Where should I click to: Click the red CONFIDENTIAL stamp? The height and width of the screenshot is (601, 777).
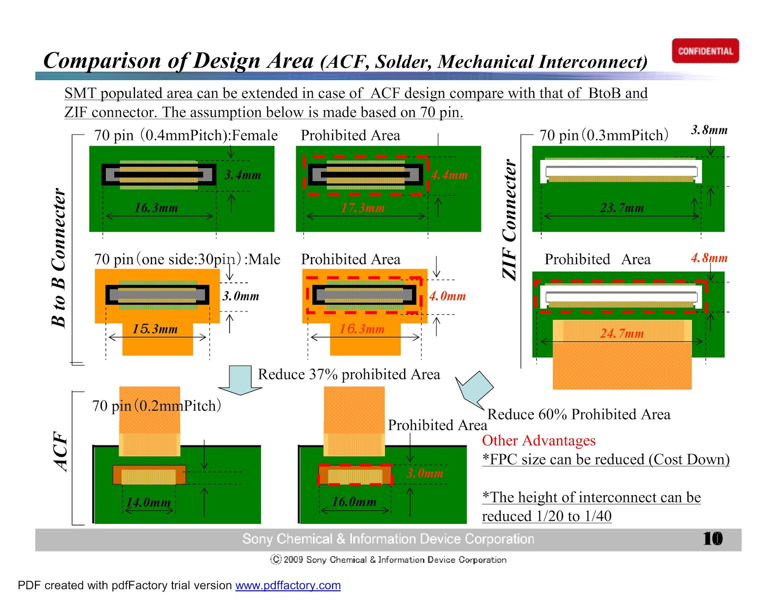705,51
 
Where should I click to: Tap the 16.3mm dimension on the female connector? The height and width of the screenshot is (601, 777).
156,208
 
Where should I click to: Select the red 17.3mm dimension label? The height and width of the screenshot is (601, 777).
363,208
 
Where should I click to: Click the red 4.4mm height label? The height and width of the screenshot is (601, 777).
449,175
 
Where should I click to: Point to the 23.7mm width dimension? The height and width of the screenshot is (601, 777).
622,208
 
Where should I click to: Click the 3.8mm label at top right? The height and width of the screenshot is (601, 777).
709,130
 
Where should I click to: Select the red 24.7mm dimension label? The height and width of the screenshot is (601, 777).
622,333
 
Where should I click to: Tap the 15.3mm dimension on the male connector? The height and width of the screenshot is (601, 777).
155,329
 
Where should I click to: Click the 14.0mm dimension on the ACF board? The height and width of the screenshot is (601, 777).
149,502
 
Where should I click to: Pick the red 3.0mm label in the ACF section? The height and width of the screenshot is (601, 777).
425,473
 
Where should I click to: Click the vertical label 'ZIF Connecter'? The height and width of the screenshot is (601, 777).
509,220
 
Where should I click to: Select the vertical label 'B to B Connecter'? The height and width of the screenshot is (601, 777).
58,258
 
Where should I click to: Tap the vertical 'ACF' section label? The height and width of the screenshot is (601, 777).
60,451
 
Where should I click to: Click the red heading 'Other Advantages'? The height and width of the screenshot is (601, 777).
539,440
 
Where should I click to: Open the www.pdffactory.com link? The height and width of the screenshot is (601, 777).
288,585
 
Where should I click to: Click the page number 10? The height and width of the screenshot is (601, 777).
712,539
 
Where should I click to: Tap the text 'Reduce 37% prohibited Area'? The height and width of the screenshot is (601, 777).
349,374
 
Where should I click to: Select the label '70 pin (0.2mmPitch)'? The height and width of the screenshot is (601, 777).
156,405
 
